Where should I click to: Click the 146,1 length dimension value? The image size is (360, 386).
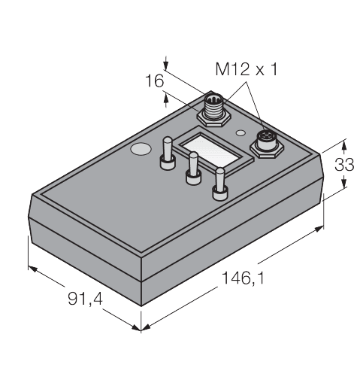[x=243, y=278]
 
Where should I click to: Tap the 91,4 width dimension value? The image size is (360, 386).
[x=85, y=299]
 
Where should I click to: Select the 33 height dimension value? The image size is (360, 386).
[x=344, y=165]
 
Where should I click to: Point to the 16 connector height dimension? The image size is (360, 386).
[x=155, y=81]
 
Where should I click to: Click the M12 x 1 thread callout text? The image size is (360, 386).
[x=247, y=69]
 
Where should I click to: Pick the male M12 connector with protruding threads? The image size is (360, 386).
[x=213, y=107]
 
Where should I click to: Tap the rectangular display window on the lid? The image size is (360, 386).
[x=211, y=151]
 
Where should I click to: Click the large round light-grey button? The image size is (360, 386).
[x=141, y=149]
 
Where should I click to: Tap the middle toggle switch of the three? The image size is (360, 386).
[x=193, y=168]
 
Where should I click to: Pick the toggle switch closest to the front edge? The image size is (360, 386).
[x=220, y=184]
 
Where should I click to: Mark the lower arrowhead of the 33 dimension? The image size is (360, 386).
[x=344, y=181]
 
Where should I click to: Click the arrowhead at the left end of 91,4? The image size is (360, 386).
[x=33, y=269]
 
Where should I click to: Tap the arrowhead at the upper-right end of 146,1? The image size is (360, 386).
[x=318, y=229]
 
